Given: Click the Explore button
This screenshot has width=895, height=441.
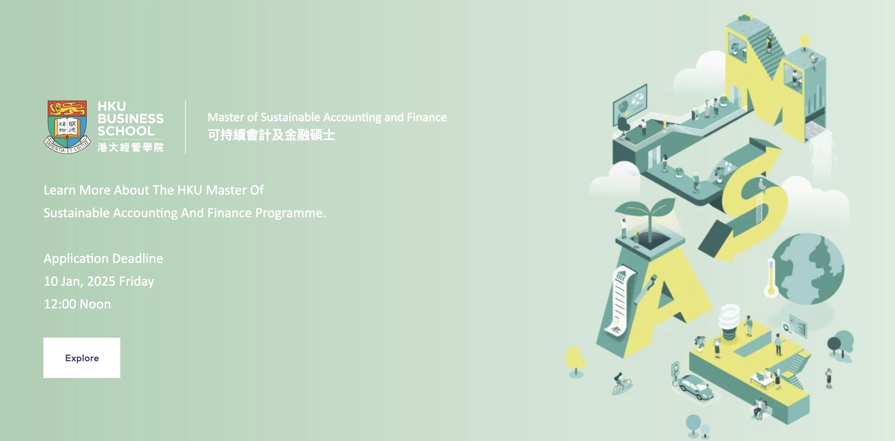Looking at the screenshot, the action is (82, 358).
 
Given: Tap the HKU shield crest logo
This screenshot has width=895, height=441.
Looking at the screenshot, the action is (67, 127).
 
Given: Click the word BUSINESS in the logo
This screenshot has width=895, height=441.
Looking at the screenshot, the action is (131, 119).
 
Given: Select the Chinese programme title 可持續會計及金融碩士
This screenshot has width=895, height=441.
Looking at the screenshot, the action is (271, 135).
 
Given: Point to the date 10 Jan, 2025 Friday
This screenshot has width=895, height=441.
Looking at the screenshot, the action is (99, 281).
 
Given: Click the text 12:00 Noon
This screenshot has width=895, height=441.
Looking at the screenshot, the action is (77, 304).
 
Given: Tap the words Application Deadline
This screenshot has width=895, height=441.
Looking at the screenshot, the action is (103, 259).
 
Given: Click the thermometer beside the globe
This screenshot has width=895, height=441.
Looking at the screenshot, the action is (771, 278).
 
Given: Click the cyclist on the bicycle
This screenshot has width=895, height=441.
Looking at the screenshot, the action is (621, 384).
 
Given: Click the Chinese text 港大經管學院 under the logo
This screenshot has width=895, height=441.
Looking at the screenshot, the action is (131, 147).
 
